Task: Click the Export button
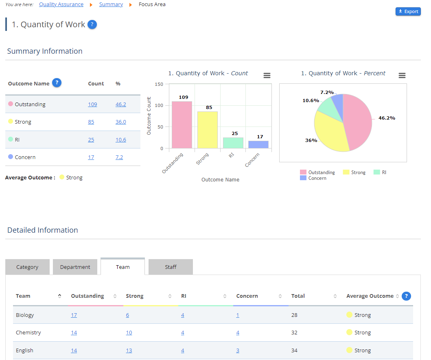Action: point(408,11)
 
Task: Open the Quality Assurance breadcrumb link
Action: point(61,4)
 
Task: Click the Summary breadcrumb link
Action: point(111,4)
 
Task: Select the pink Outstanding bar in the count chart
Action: point(182,125)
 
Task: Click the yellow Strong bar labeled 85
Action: point(208,130)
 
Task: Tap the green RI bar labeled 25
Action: point(233,143)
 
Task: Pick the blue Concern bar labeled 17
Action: point(258,144)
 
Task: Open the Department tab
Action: point(75,267)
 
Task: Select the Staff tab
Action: point(171,267)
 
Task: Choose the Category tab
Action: point(27,267)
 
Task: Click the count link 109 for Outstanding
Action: point(92,104)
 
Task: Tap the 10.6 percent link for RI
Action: point(121,140)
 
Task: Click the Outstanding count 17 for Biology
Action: point(74,315)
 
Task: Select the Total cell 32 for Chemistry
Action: point(294,332)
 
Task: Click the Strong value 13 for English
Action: point(129,350)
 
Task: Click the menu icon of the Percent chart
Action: point(402,76)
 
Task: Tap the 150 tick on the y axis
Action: point(159,84)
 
